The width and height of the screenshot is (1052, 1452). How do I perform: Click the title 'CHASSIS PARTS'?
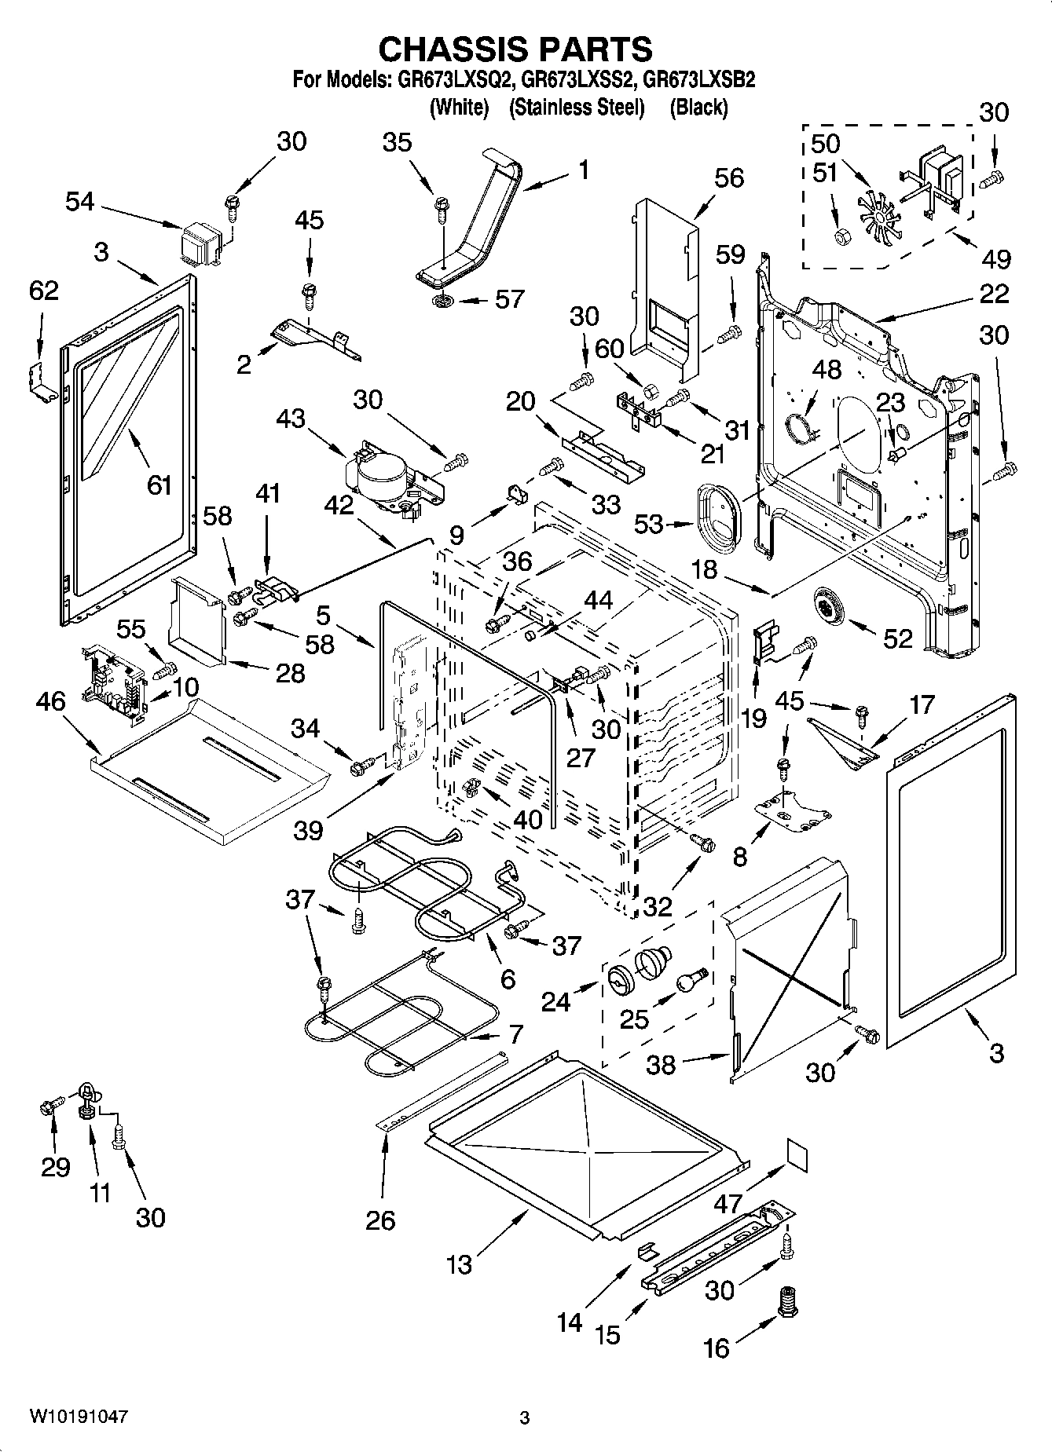click(515, 49)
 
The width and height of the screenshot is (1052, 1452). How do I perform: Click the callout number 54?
click(79, 203)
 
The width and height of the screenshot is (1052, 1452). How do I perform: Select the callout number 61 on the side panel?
click(159, 485)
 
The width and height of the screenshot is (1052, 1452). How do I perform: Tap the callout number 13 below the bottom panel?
click(460, 1264)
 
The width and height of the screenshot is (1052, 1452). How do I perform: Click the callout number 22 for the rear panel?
click(994, 294)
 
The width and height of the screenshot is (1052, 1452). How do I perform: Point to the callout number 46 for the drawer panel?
click(51, 700)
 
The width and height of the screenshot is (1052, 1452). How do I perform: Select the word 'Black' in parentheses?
click(698, 108)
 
